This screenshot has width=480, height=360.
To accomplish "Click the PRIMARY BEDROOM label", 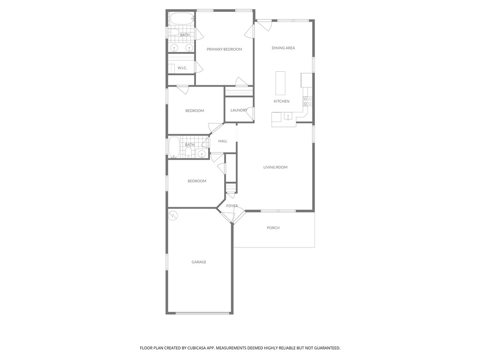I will [224, 49].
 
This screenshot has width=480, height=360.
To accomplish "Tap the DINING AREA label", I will [283, 48].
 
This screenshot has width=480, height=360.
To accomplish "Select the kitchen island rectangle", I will [280, 83].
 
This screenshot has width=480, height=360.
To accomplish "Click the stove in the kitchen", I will [307, 101].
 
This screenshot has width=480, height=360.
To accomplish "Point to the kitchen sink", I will [288, 116].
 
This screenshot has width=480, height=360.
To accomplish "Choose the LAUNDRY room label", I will [239, 110].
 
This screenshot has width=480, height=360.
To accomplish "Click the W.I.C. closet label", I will [182, 68].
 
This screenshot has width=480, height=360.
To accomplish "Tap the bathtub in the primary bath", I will [181, 19].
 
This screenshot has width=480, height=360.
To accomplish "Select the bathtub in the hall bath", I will [174, 147].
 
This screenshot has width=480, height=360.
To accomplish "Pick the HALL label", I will [223, 141].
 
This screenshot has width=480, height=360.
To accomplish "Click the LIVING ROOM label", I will [275, 167].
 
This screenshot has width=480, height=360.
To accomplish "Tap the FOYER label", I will [232, 206].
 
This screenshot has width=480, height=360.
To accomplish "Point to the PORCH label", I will [273, 228].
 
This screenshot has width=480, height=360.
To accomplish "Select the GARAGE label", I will [199, 262].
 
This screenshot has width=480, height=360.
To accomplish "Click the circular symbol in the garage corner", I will [173, 215].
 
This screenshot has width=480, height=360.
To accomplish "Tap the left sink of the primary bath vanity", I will [174, 48].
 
